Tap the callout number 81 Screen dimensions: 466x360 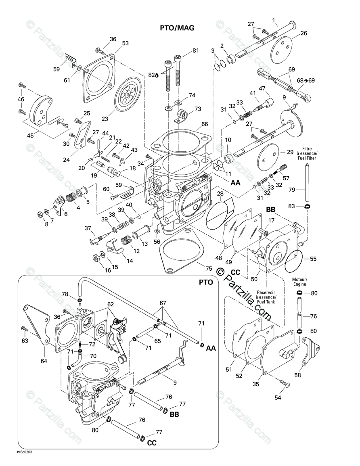(196, 50)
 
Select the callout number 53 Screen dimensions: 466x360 (126, 43)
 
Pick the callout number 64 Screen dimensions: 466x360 (44, 361)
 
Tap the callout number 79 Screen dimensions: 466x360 (291, 190)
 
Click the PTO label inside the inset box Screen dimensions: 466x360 (205, 282)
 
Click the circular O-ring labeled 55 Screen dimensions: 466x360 (294, 261)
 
